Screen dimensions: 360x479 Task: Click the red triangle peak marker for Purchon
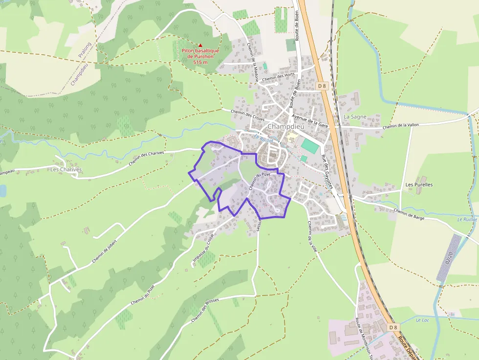pyautogui.click(x=200, y=45)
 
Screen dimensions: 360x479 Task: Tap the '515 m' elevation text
pyautogui.click(x=200, y=62)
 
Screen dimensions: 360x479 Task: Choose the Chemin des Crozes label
pyautogui.click(x=248, y=116)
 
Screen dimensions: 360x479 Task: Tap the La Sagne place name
pyautogui.click(x=355, y=117)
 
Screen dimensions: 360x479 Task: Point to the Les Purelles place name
pyautogui.click(x=419, y=185)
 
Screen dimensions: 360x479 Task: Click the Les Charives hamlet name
pyautogui.click(x=66, y=169)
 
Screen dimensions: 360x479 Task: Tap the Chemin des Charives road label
pyautogui.click(x=146, y=157)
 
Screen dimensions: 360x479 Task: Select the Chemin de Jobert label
pyautogui.click(x=106, y=254)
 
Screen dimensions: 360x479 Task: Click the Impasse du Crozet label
pyautogui.click(x=204, y=251)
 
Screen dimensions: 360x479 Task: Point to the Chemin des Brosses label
pyautogui.click(x=205, y=310)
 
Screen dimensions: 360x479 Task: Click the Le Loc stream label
pyautogui.click(x=422, y=320)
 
